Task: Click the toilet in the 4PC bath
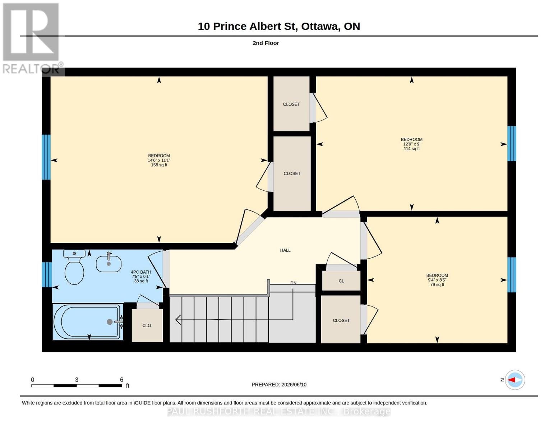74,267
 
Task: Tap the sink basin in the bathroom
109,264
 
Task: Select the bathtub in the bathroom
88,322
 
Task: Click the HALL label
285,250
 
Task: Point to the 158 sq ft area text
159,165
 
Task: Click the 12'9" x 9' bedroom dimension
412,144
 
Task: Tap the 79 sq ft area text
437,285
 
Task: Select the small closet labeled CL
341,281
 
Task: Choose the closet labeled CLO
147,325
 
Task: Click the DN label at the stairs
293,283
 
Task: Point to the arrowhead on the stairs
178,320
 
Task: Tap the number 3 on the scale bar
77,380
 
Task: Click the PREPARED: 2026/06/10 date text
279,385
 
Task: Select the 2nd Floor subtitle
266,43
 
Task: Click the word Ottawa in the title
320,27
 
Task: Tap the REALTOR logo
32,38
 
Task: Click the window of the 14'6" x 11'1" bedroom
46,157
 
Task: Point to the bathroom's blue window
47,275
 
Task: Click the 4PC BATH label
141,272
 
